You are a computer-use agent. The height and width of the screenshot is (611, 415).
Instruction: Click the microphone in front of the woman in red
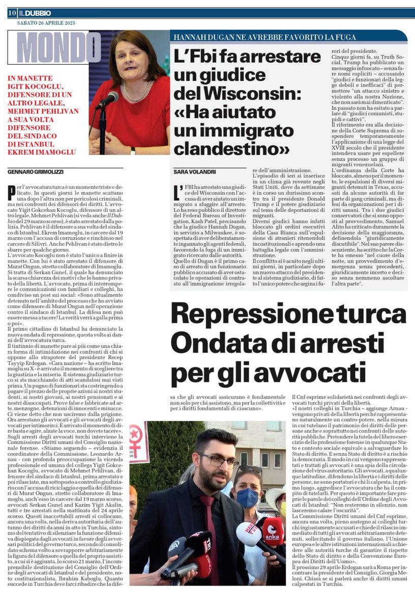click(x=109, y=100)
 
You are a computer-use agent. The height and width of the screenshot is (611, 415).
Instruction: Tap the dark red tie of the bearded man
click(x=209, y=524)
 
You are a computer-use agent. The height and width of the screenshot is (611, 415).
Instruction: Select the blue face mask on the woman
click(x=248, y=497)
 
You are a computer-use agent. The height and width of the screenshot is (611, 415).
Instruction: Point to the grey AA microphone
click(x=177, y=547)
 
